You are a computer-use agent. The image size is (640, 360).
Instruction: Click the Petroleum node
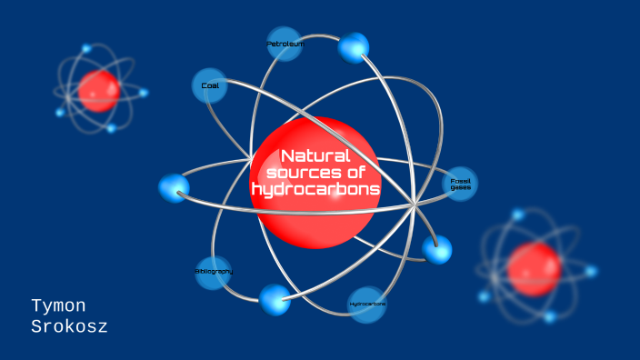coord(285,44)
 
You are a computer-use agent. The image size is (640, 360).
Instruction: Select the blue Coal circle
coord(210,86)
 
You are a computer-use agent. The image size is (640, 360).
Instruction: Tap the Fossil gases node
coord(460,184)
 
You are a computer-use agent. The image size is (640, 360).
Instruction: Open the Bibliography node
coord(214,272)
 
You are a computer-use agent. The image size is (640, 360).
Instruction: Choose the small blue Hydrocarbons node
coord(366,304)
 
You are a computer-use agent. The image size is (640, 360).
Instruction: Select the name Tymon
coord(58,306)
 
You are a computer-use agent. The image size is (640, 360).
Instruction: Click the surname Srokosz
coord(69,326)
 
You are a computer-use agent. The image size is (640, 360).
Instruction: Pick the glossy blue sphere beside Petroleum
coord(354,47)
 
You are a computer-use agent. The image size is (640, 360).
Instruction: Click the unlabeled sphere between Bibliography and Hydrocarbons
coord(275,299)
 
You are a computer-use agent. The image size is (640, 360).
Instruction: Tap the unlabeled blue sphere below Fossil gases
coord(437,249)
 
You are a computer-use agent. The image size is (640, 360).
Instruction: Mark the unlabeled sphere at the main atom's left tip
coord(174,188)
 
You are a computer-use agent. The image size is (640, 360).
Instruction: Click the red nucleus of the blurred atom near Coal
coord(98,90)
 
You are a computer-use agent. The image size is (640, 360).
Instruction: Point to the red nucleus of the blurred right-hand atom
coord(534,269)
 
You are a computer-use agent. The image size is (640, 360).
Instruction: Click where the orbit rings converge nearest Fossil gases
coord(415,205)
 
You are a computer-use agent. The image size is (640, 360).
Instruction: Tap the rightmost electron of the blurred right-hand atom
coord(592,271)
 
